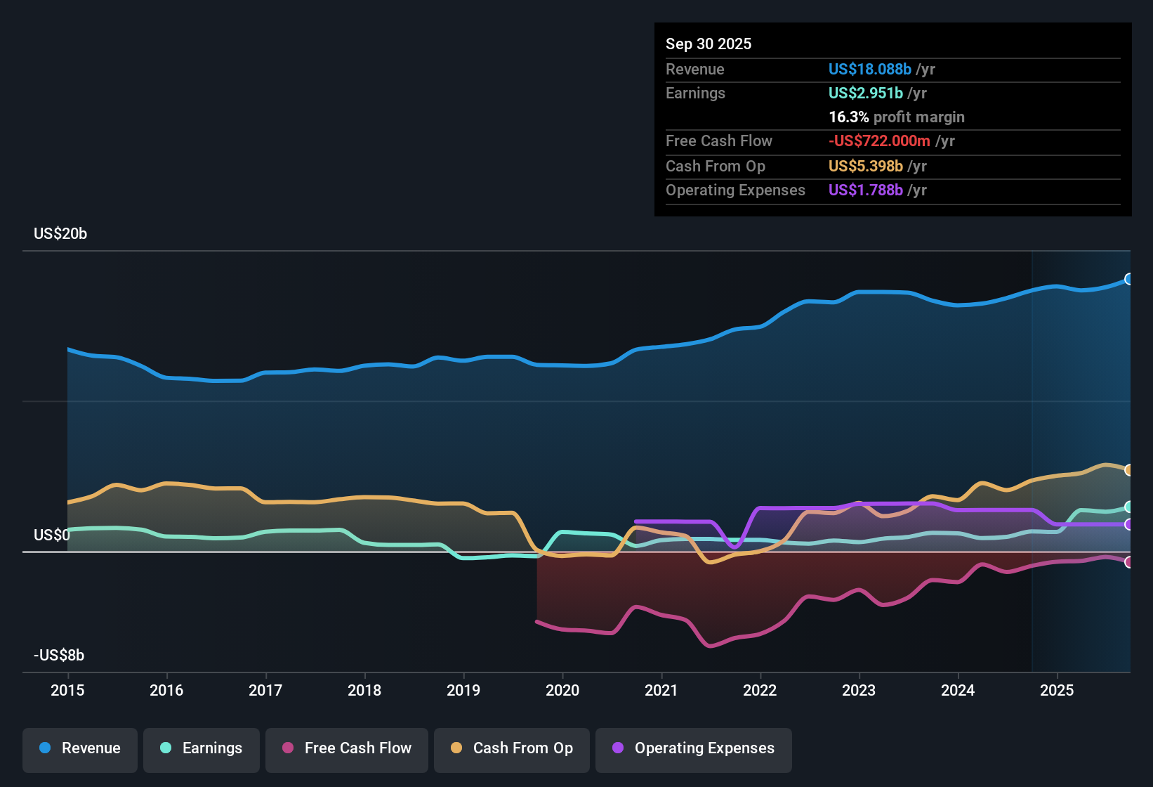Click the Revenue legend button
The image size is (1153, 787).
point(80,748)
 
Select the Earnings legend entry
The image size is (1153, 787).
point(202,748)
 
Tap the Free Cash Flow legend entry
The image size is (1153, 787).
point(347,748)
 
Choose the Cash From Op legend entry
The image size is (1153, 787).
point(512,748)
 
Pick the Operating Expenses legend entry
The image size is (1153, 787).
point(694,748)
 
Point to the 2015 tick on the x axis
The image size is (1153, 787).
point(67,690)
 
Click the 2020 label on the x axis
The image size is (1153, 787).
point(562,690)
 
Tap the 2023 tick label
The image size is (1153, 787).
point(859,690)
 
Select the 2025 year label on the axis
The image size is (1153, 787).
point(1057,690)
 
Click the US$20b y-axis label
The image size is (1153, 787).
point(60,234)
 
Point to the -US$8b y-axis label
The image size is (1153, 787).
point(59,656)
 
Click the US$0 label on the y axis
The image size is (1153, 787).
point(52,535)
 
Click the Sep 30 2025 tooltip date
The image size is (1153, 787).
point(709,44)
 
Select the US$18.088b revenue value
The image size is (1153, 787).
point(869,70)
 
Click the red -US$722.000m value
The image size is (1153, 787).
point(879,141)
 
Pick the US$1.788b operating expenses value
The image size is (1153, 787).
point(865,190)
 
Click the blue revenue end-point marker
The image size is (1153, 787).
point(1128,279)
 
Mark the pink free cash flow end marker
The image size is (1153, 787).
point(1128,562)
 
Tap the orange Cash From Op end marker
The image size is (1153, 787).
point(1128,470)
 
